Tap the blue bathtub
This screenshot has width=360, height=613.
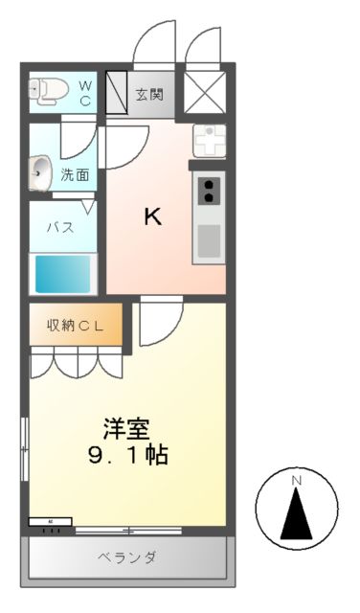point(63,274)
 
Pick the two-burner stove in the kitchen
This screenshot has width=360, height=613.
point(208,191)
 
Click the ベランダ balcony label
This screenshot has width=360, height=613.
point(126,557)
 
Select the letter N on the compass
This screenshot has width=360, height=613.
point(297,479)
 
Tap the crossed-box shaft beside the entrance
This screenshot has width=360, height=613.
point(204,93)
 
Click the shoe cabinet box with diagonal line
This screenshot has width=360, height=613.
point(117,93)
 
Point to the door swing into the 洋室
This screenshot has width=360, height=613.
point(160,322)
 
